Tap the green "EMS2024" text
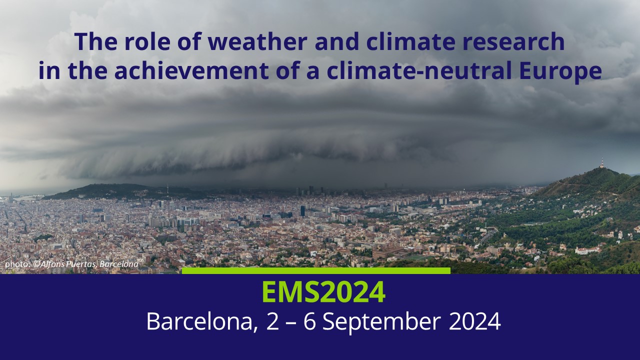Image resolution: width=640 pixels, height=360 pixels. click(323, 292)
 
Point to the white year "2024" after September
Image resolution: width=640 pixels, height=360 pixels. click(474, 321)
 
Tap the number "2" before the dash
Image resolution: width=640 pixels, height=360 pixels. click(272, 321)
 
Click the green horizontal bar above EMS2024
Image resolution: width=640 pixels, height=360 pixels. click(316, 270)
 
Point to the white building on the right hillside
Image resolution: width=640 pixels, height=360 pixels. click(587, 250)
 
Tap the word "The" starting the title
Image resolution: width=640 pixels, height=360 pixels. click(96, 41)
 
